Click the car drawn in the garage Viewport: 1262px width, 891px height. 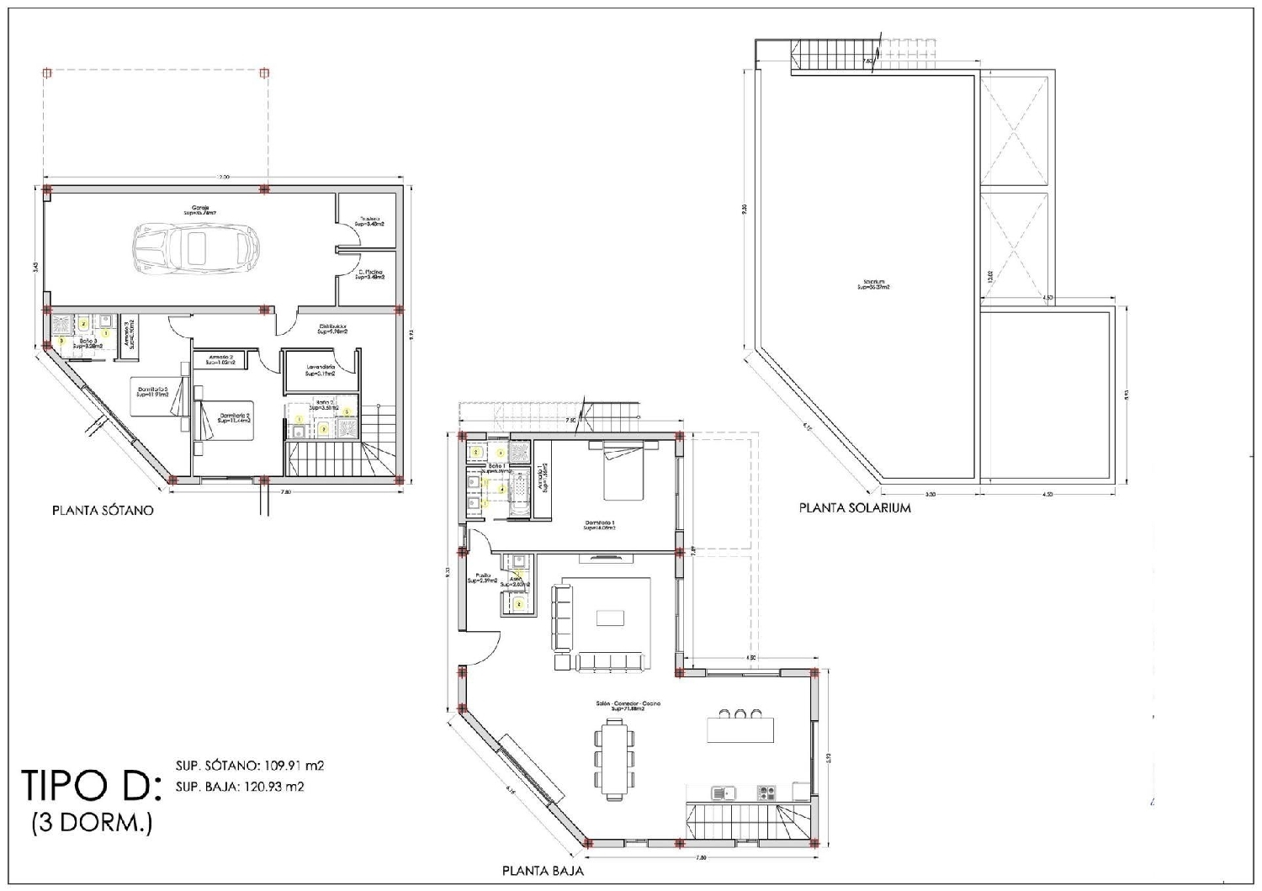(x=195, y=248)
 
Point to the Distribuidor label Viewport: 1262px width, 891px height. (x=333, y=329)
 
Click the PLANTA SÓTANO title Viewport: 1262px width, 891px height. (x=103, y=511)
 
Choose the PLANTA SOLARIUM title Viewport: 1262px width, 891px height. (x=855, y=508)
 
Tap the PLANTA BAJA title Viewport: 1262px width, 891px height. (x=543, y=871)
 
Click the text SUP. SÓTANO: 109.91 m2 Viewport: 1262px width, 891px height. (x=250, y=766)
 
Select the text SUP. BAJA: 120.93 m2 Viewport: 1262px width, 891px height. (x=240, y=788)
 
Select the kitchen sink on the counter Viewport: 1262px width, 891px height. (x=721, y=793)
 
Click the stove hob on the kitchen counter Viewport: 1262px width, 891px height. (x=766, y=793)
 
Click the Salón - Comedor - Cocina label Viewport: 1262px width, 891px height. (x=623, y=706)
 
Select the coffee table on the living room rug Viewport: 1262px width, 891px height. (x=610, y=618)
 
